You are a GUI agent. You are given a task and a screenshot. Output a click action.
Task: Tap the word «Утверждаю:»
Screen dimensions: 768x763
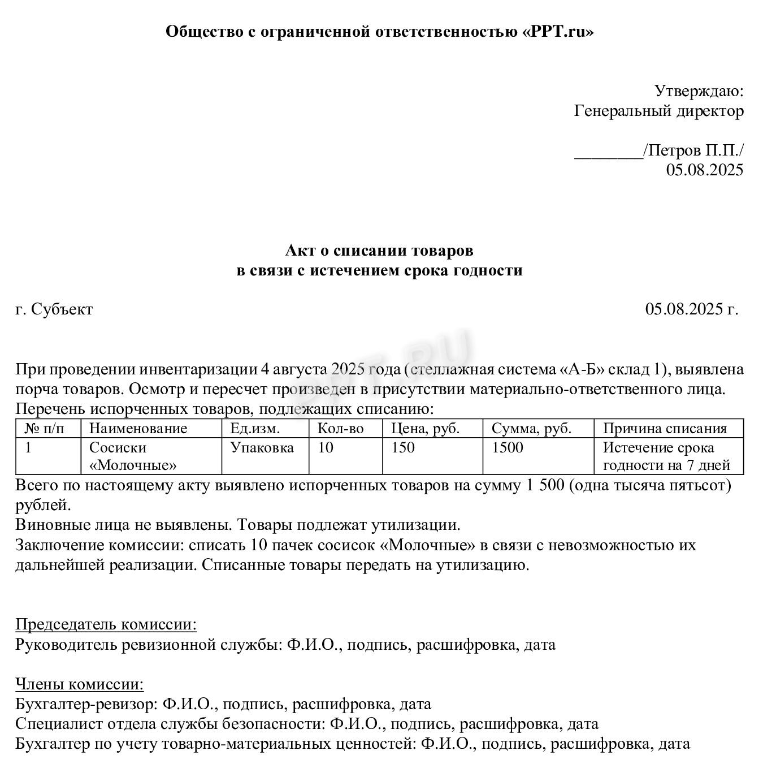[699, 90]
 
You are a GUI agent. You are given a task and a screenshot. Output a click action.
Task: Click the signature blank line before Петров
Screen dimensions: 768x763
[608, 153]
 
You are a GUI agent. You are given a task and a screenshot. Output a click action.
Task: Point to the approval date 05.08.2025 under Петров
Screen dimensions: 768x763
[704, 170]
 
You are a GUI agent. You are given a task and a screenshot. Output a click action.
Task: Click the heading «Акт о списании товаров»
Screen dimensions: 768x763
[379, 250]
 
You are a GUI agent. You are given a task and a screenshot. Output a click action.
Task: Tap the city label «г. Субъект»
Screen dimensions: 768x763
[54, 309]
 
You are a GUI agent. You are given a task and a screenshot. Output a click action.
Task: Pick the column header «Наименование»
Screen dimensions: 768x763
[138, 429]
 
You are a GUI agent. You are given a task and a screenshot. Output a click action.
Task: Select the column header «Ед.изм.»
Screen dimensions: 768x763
[255, 429]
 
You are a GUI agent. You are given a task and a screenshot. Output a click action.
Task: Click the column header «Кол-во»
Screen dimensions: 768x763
[340, 429]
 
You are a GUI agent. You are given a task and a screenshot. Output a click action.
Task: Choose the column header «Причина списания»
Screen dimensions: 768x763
[665, 429]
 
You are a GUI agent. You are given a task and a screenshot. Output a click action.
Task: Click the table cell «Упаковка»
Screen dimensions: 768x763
[262, 448]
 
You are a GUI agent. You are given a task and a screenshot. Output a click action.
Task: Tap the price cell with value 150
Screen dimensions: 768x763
[402, 448]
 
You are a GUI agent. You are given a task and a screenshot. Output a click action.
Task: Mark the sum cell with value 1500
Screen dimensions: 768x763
[507, 448]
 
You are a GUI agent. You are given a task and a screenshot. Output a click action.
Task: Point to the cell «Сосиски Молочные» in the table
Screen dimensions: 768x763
[133, 456]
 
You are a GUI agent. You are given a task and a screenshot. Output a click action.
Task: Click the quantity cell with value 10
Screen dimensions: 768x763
[326, 448]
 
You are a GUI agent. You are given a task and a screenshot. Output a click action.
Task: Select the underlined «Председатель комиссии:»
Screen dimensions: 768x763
[106, 624]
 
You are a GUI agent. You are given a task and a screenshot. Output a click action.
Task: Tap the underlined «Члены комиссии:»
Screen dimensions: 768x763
[80, 684]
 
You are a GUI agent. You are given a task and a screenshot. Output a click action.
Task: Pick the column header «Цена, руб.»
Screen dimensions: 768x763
[425, 429]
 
